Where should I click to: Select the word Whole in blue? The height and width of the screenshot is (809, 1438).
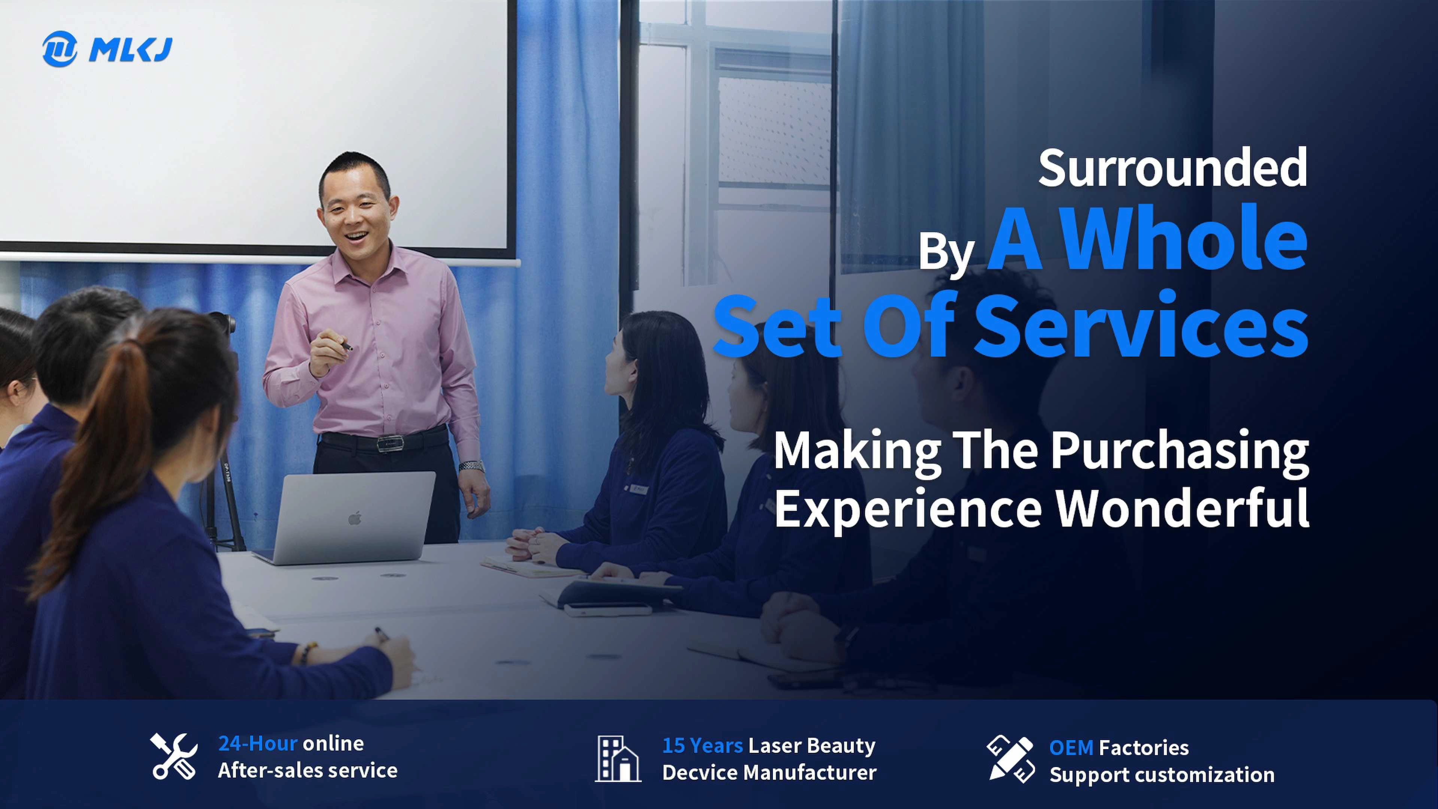[x=1183, y=239]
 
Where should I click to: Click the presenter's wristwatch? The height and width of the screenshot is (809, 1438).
[x=471, y=465]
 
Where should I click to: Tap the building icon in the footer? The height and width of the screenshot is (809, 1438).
[x=618, y=758]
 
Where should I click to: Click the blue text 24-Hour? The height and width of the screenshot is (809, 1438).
[x=257, y=743]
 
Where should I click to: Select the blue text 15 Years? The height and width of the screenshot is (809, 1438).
[x=702, y=745]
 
